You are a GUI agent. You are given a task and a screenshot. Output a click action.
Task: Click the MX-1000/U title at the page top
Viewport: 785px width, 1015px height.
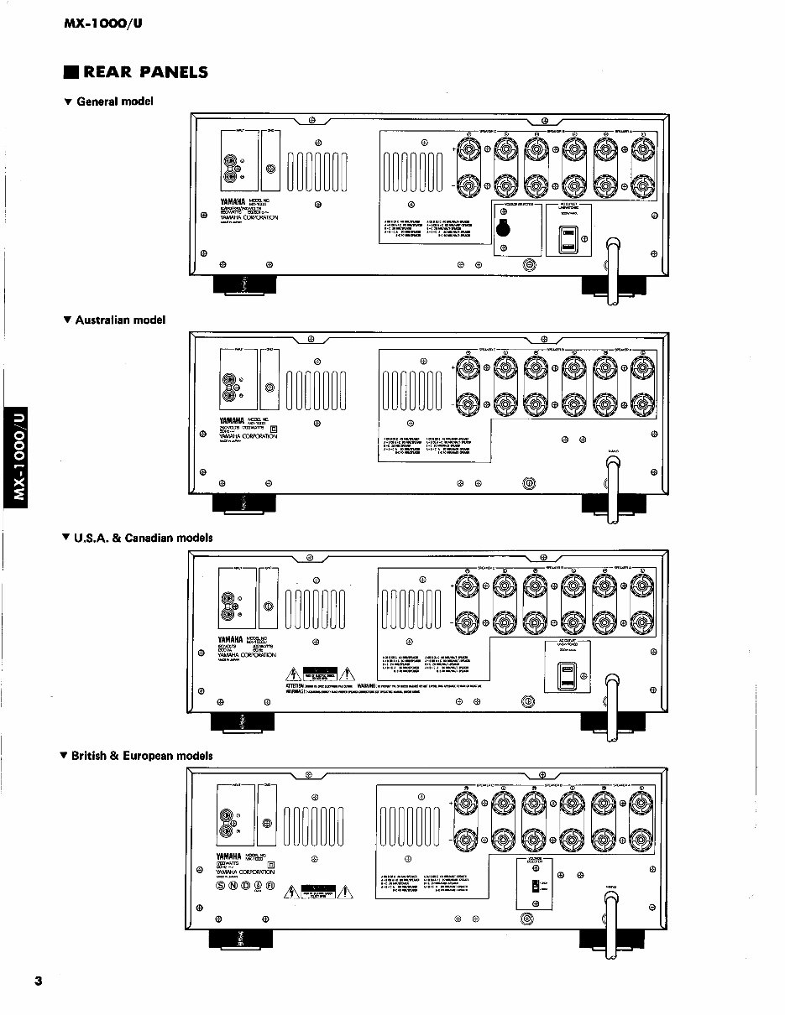coord(103,23)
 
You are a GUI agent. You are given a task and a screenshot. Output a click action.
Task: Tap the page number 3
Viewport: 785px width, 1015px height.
coord(38,981)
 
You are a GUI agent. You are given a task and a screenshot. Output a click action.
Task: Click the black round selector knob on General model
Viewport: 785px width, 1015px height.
coord(503,227)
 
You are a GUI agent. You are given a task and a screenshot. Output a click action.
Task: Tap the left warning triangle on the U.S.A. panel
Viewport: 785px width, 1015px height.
coord(294,672)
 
